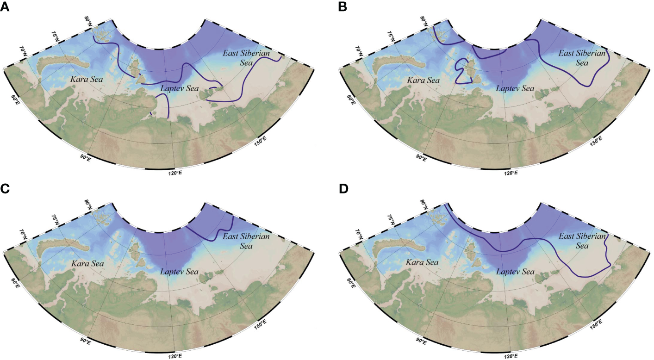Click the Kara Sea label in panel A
coord(87,80)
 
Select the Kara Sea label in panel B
coord(423,80)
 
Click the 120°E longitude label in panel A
coord(175,173)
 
